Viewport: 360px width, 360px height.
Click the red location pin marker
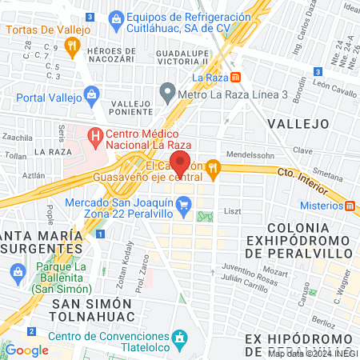(180, 162)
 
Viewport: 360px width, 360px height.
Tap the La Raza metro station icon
(236, 78)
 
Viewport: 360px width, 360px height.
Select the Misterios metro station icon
(351, 206)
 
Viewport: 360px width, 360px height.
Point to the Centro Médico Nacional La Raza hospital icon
(96, 137)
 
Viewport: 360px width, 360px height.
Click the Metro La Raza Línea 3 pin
(167, 90)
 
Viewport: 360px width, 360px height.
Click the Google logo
(27, 350)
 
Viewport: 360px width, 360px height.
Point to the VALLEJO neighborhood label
(298, 123)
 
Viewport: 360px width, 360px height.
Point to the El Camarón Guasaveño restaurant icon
(213, 167)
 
